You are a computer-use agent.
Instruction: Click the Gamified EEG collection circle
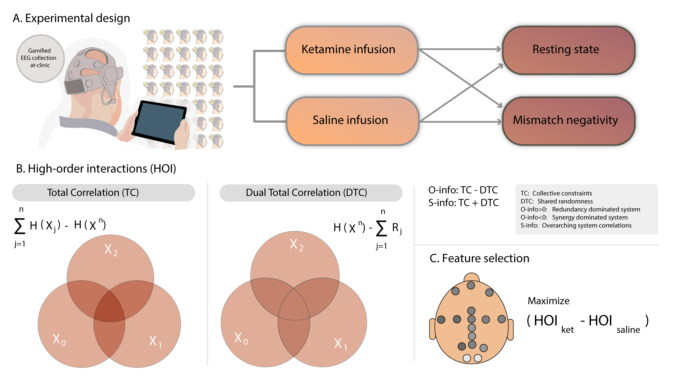40,58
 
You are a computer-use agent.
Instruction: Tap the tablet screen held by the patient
160,122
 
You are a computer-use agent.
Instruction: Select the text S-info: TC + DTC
463,203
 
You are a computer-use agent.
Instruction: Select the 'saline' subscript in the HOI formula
628,330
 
